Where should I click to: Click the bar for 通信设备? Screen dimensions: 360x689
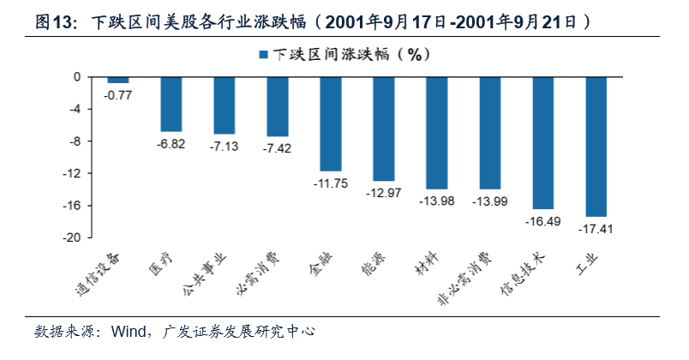(x=118, y=80)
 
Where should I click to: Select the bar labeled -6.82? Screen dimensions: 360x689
(x=171, y=104)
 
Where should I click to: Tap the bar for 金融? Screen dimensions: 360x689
(x=331, y=123)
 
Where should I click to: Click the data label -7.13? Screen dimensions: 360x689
(x=225, y=147)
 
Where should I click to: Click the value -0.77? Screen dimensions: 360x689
(x=118, y=95)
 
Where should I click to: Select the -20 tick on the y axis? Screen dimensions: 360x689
(x=72, y=237)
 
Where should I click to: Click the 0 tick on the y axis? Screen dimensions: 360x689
(x=77, y=77)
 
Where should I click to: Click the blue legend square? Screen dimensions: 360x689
(x=263, y=54)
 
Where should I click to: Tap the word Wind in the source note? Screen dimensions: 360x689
(x=112, y=331)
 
